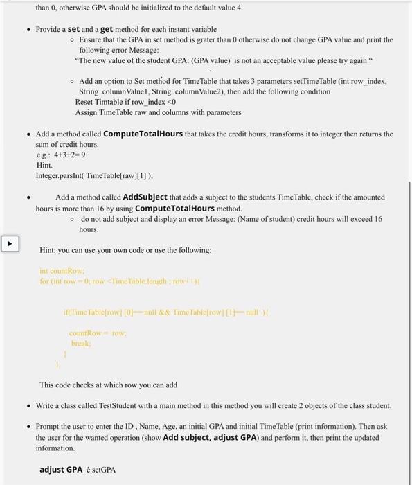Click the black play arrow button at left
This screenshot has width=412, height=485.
coord(10,244)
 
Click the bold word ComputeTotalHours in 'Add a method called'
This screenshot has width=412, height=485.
coord(144,134)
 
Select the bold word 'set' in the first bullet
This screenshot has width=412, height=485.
coord(73,29)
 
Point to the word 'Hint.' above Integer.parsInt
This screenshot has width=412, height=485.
coord(44,165)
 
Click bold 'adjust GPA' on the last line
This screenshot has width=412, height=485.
coord(61,469)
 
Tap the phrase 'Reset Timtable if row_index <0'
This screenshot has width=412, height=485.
coord(122,102)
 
